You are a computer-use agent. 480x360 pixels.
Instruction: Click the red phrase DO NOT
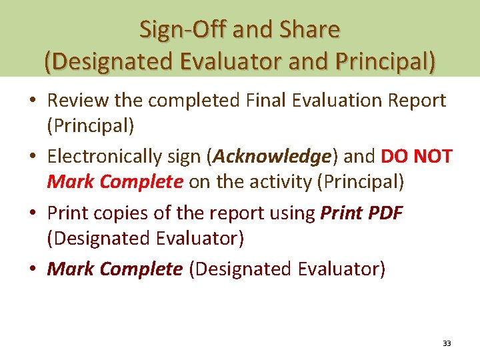coord(417,157)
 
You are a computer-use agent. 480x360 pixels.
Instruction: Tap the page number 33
coord(447,343)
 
